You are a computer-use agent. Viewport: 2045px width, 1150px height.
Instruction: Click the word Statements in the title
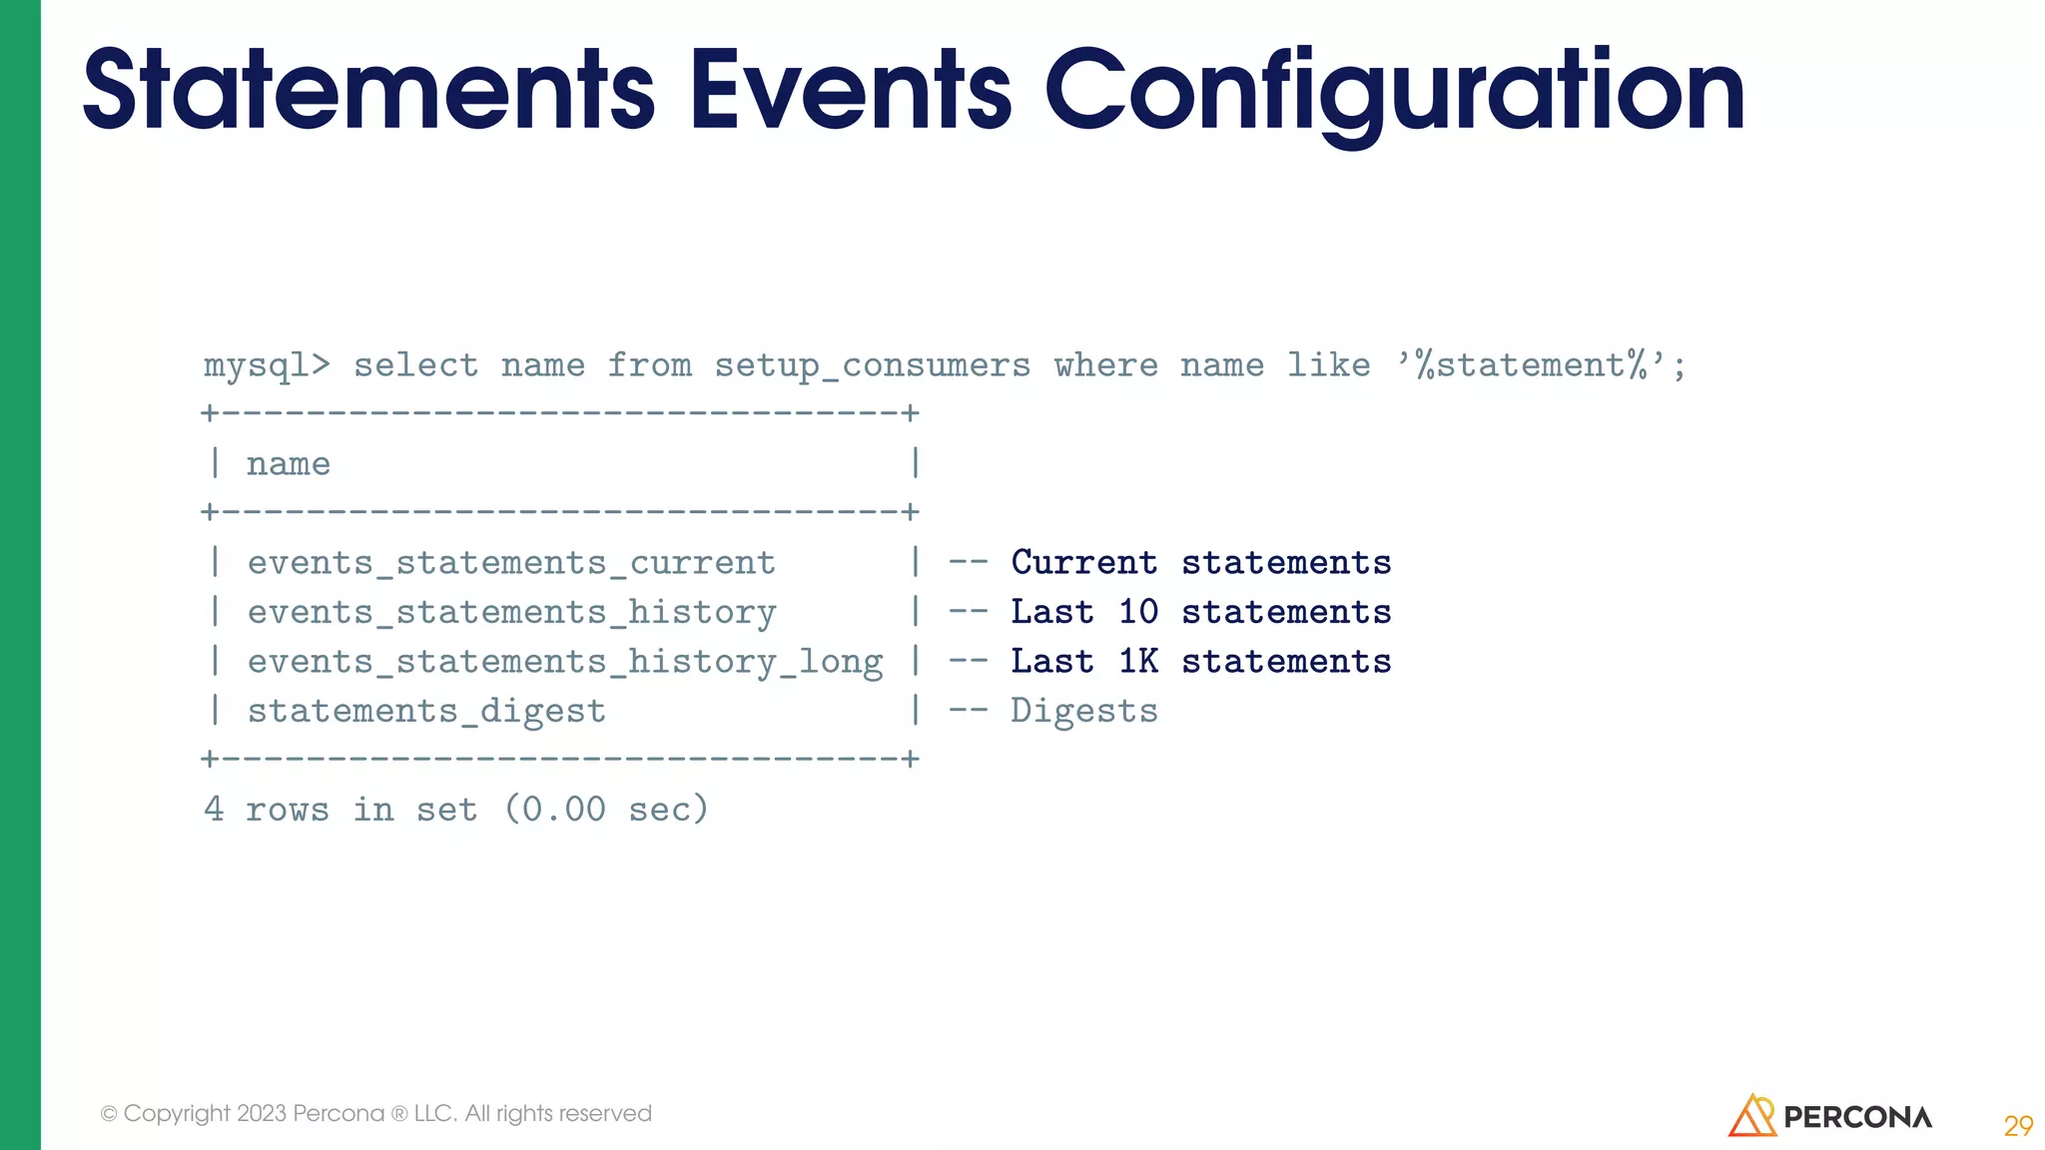[x=368, y=92]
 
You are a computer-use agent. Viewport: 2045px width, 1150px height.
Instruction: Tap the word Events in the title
[x=851, y=92]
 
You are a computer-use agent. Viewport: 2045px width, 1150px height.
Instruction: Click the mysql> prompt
[x=266, y=365]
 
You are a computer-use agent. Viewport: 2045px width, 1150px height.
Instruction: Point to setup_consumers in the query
[x=872, y=366]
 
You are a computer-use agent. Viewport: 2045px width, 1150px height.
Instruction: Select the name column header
[x=288, y=464]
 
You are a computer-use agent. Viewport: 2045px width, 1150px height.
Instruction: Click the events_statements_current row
[x=511, y=563]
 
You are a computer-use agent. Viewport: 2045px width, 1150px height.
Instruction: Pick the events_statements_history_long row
[x=565, y=662]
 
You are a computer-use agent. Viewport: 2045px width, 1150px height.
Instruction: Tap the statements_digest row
[x=426, y=711]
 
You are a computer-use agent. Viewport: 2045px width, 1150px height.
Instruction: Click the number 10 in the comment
[x=1137, y=612]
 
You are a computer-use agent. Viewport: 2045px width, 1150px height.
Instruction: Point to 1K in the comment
[x=1137, y=662]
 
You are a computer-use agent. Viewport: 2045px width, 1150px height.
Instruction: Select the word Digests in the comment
[x=1083, y=711]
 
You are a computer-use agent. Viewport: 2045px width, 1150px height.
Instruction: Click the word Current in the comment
[x=1083, y=563]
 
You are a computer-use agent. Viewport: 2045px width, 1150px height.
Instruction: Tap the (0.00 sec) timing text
[x=606, y=809]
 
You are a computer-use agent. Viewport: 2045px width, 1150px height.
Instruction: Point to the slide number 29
[x=2018, y=1126]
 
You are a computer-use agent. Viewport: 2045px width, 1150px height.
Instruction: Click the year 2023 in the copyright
[x=261, y=1113]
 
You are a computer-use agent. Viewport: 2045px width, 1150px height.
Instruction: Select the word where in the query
[x=1105, y=365]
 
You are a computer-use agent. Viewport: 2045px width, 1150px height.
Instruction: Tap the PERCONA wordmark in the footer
[x=1857, y=1117]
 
